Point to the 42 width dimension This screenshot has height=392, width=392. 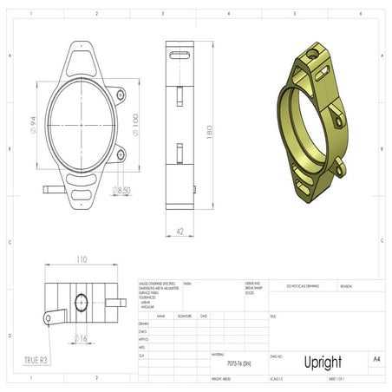(179, 231)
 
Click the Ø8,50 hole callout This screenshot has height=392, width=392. (121, 189)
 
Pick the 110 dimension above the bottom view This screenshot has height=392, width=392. (82, 259)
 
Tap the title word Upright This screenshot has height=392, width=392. (322, 362)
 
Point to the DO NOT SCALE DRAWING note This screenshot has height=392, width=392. (304, 284)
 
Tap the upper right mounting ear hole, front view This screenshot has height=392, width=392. (121, 94)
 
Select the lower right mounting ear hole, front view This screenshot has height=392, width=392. (121, 154)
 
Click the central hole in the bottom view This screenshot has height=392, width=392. (82, 302)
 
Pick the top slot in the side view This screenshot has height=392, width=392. (180, 55)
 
